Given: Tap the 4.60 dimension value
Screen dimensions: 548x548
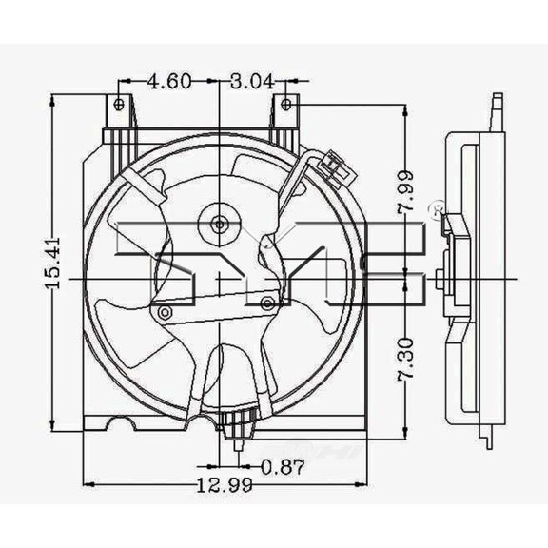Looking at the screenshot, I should tap(168, 82).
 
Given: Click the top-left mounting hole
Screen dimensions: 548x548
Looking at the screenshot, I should tap(119, 104).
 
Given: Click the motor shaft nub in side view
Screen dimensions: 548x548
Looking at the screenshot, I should tap(437, 279).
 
